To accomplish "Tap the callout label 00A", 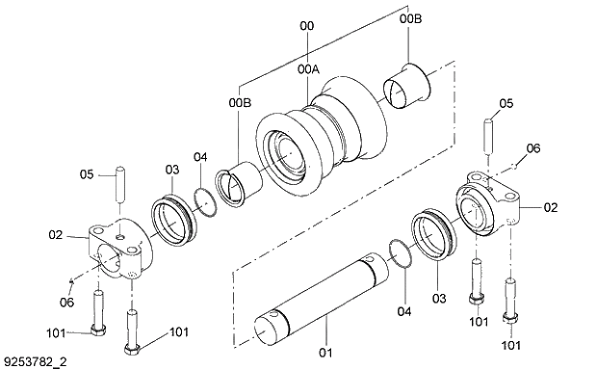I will (309, 69).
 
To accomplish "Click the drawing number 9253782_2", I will (37, 360).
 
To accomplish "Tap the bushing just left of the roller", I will (238, 184).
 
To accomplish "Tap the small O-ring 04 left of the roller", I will (203, 198).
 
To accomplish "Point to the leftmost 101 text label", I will (58, 333).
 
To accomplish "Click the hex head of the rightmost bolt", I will (510, 320).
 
